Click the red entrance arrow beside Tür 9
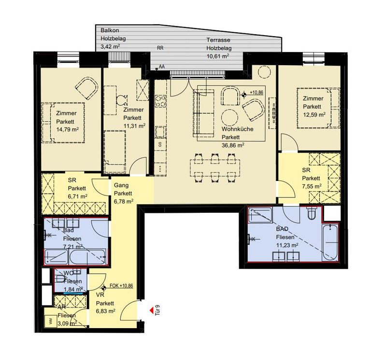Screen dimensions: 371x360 151,310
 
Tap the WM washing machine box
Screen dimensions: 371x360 50,321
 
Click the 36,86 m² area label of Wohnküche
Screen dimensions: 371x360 233,145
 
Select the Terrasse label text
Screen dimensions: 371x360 218,40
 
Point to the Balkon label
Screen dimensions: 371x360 110,30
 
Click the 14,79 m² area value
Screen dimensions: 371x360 68,129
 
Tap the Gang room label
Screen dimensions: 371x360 121,185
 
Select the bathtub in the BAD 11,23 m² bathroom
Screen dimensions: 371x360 330,242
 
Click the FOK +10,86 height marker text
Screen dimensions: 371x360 121,286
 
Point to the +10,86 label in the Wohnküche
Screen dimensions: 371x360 256,93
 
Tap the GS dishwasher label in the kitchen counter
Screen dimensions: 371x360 160,144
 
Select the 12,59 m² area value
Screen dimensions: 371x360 314,115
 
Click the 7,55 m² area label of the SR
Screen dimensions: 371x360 312,186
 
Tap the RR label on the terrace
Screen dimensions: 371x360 160,48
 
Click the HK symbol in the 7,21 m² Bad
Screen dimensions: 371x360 48,235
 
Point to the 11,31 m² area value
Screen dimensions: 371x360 135,126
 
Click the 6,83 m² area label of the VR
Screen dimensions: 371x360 105,311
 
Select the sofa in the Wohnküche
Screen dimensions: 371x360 204,113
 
